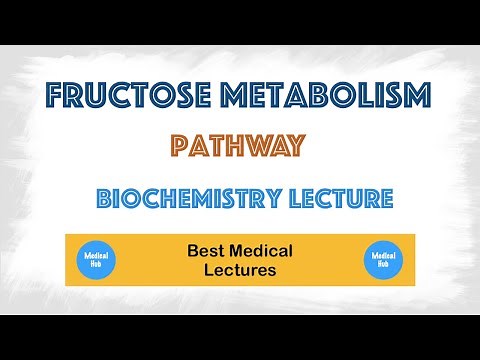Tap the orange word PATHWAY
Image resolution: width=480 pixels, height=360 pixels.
click(237, 148)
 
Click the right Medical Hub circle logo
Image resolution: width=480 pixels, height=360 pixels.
click(383, 260)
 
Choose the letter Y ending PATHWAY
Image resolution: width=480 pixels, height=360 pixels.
click(295, 148)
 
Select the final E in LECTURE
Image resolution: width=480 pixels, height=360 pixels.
click(385, 198)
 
